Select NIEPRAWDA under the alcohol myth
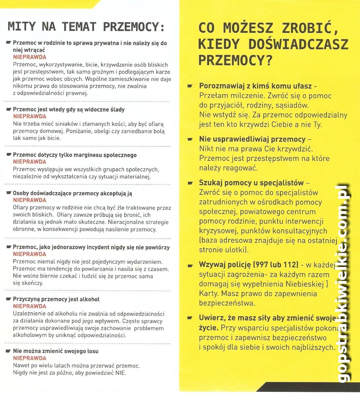[x=30, y=306]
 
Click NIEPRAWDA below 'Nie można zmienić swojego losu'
[x=30, y=358]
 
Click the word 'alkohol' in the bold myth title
[x=89, y=299]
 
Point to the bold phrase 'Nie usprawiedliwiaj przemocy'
[x=252, y=139]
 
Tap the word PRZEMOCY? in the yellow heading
[x=235, y=59]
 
